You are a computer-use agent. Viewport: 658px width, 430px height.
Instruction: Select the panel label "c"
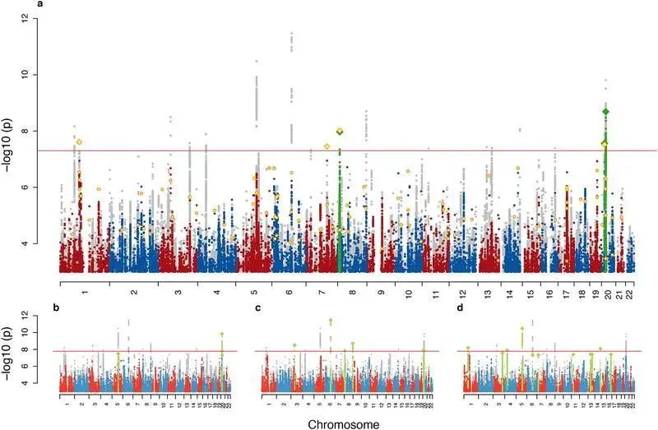tap(258, 308)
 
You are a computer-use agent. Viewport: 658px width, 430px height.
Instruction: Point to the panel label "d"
tap(461, 308)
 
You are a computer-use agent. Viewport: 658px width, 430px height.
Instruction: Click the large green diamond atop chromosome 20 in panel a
tap(606, 111)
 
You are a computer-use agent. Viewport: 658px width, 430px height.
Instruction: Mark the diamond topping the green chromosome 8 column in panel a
tap(340, 132)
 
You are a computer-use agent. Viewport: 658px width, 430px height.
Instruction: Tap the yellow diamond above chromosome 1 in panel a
tap(79, 142)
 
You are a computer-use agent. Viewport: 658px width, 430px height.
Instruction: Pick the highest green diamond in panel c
tap(331, 321)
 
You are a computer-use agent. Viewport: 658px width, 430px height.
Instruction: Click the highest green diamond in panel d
tap(522, 328)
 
